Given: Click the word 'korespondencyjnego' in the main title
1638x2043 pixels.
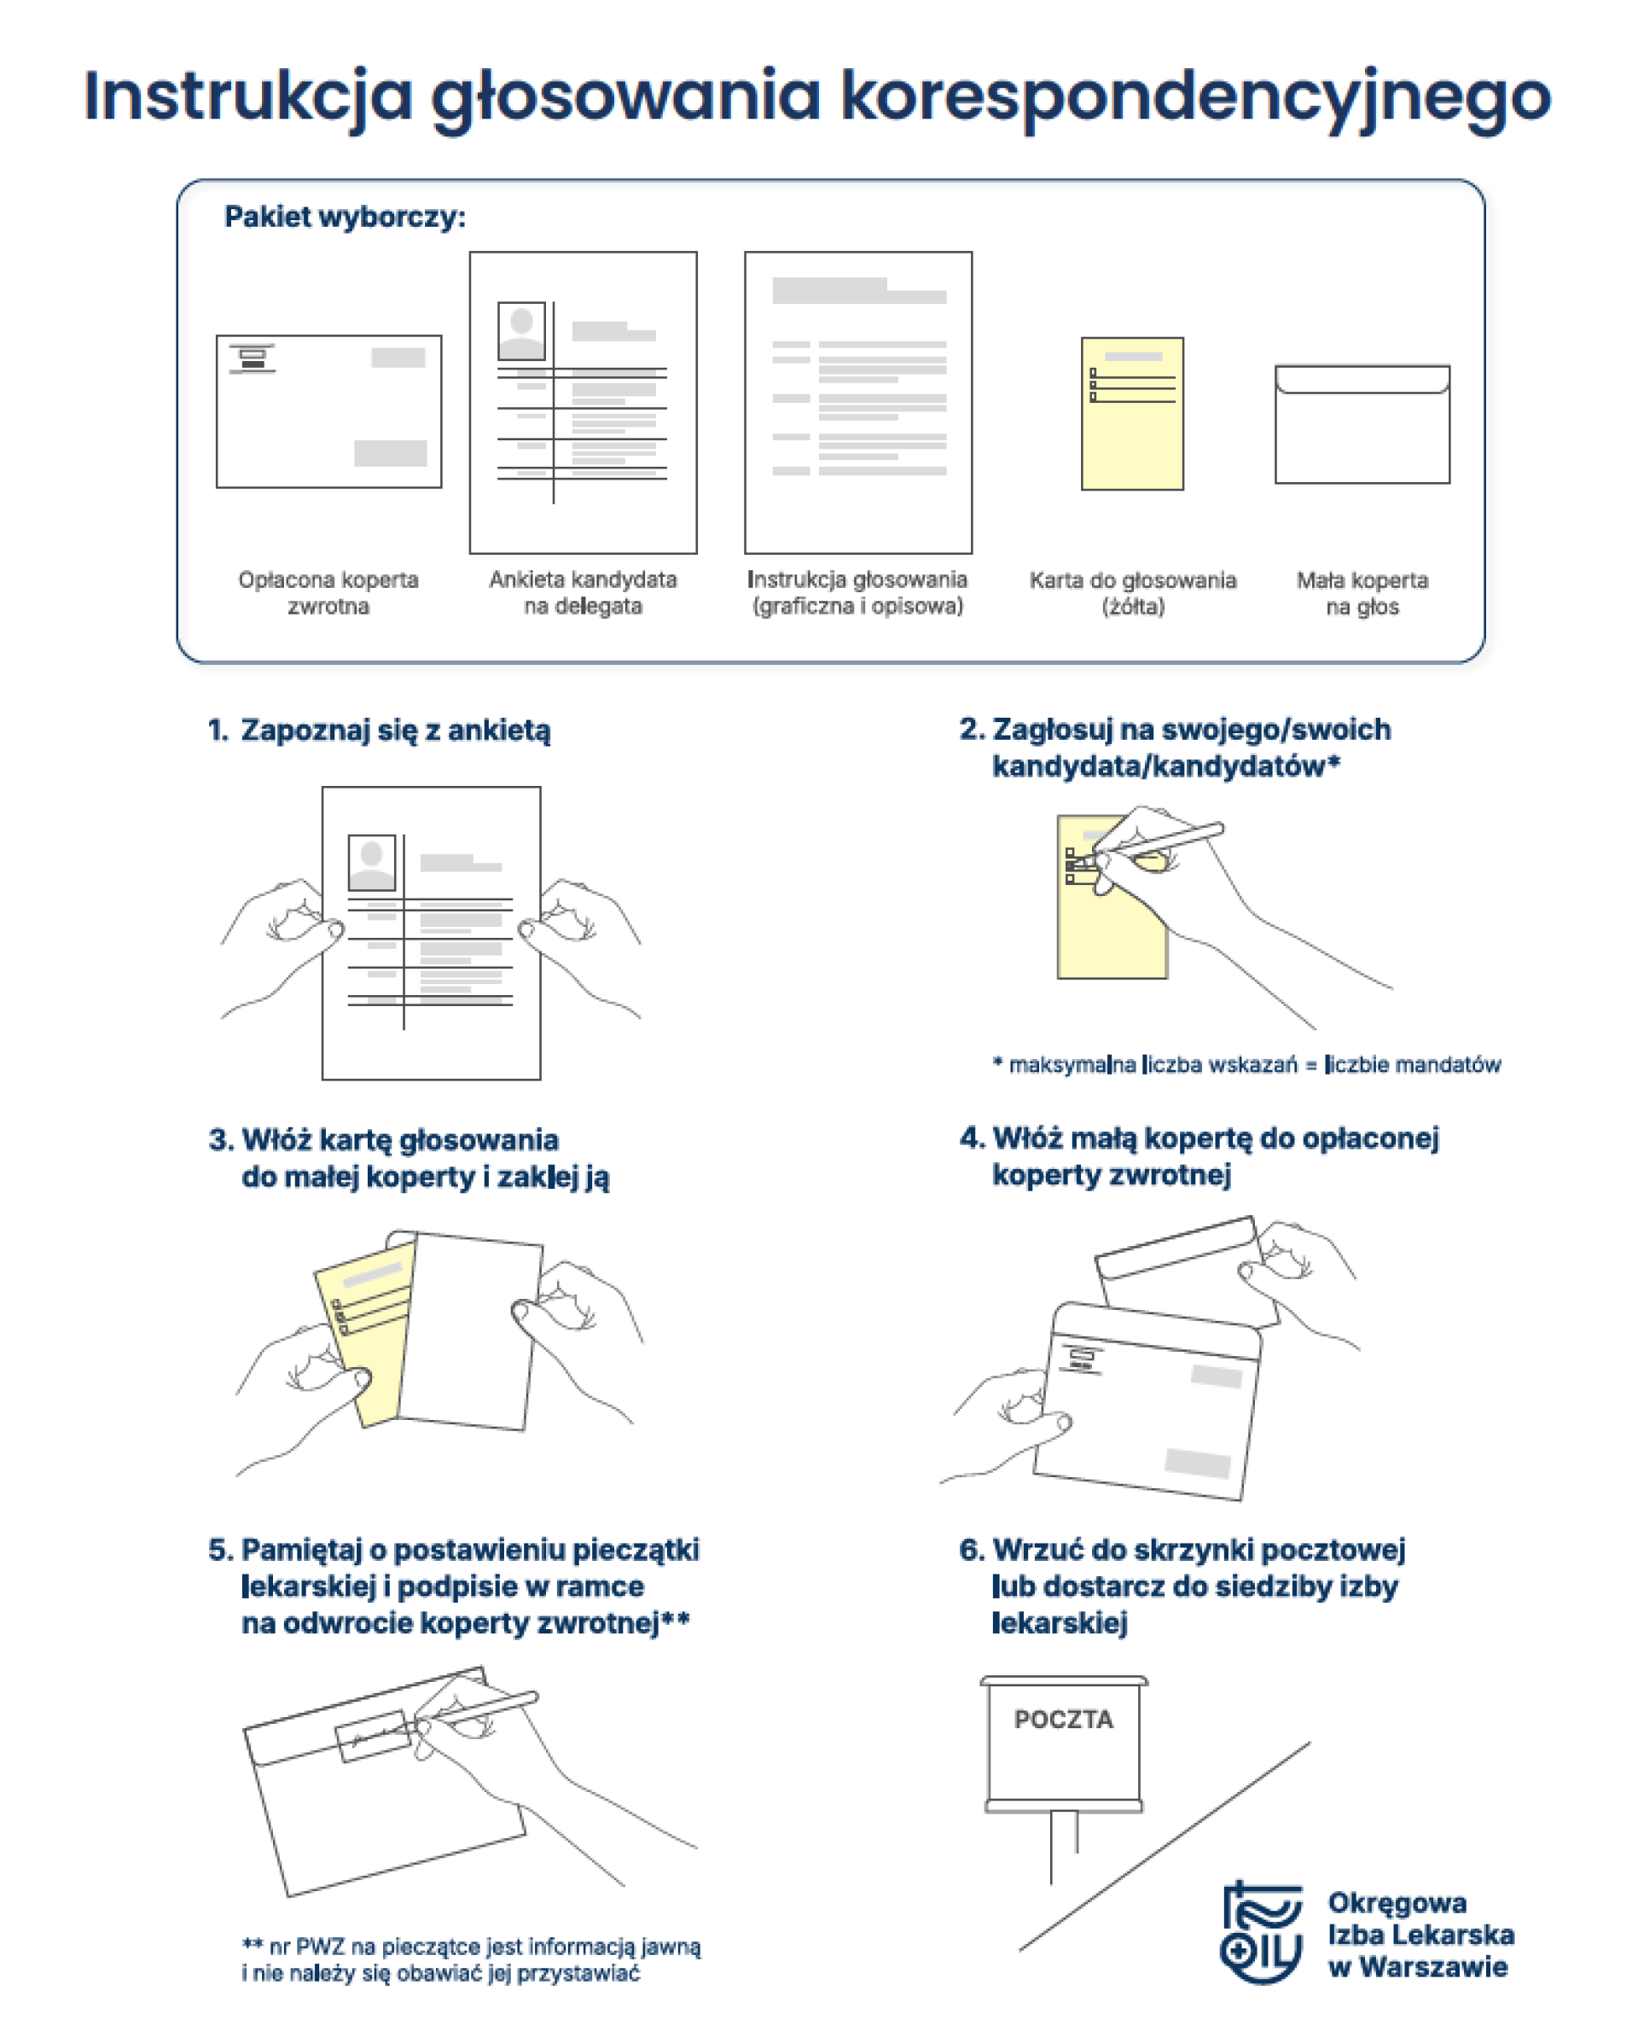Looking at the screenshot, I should coord(1194,96).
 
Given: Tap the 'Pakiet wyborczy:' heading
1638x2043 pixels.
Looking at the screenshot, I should coord(345,217).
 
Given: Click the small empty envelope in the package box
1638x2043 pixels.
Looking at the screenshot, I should coord(1362,424).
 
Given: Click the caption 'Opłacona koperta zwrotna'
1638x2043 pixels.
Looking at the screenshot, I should coord(328,592).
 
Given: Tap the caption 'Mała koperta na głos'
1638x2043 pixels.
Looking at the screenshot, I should coord(1362,593).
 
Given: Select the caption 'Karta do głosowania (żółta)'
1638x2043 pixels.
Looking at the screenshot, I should coord(1132,593).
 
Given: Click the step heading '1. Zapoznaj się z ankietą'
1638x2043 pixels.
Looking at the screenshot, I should coord(379,730).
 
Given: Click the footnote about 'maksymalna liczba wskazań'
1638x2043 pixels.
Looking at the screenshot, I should coord(1246,1064).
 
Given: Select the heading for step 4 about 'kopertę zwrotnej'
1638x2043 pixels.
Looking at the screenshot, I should coord(1199,1156).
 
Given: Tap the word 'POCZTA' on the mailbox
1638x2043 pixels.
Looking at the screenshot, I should coord(1063,1719).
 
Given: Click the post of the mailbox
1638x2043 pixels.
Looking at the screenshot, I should coord(1063,1846).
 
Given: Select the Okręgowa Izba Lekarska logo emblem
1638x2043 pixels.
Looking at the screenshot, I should coord(1261,1932).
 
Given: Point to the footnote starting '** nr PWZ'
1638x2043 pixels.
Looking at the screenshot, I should coord(471,1959).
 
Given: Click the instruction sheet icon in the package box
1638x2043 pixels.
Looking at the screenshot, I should coord(857,402).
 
